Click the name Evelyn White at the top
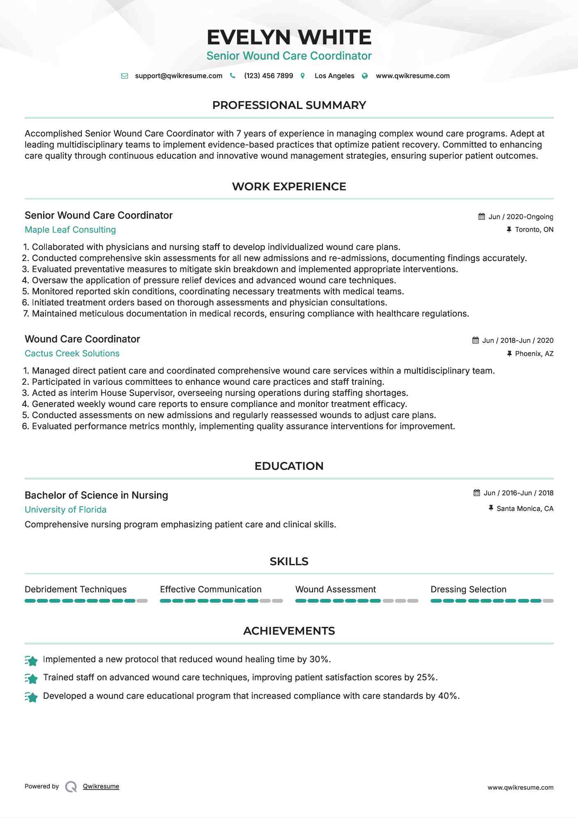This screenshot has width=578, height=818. point(289,37)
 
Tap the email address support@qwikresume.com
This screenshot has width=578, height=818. point(178,76)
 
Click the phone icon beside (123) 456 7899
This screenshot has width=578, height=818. point(233,76)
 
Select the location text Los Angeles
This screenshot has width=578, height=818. point(334,76)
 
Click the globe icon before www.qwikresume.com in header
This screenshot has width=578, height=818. point(365,76)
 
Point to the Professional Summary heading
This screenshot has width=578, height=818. point(289,105)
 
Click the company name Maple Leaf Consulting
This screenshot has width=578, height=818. point(70,230)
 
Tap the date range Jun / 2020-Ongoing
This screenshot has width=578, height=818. point(520,217)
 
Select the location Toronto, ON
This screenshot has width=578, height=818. point(534,230)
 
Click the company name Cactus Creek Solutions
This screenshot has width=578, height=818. point(72,354)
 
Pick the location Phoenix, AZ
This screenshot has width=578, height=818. point(534,354)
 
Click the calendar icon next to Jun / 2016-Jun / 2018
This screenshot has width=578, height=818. point(477,493)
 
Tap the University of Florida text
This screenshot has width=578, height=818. point(65,510)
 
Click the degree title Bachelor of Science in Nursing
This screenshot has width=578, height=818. point(96,495)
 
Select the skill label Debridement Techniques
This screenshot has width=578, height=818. point(76,589)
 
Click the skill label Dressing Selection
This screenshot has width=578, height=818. point(468,589)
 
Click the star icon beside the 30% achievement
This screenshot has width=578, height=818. point(31,660)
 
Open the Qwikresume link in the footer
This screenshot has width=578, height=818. point(101,786)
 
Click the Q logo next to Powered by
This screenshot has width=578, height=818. point(71,787)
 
